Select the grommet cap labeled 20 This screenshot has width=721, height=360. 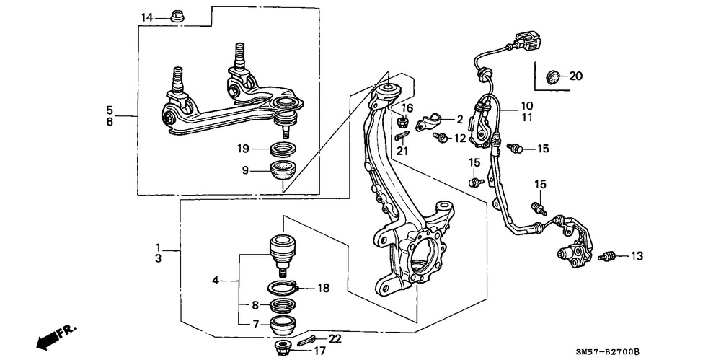click(x=553, y=77)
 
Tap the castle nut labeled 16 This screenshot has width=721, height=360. click(x=401, y=121)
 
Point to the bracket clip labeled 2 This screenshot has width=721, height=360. click(x=428, y=122)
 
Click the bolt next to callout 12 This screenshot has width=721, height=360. click(x=441, y=137)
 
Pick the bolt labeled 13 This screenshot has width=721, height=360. click(x=606, y=256)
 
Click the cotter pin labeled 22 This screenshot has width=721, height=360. click(x=305, y=341)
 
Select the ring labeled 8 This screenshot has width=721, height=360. click(x=282, y=305)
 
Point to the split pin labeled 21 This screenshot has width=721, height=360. click(x=402, y=136)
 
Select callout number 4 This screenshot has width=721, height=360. click(x=216, y=280)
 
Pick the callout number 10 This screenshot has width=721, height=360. click(x=527, y=105)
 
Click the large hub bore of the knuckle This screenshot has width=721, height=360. click(x=421, y=255)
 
